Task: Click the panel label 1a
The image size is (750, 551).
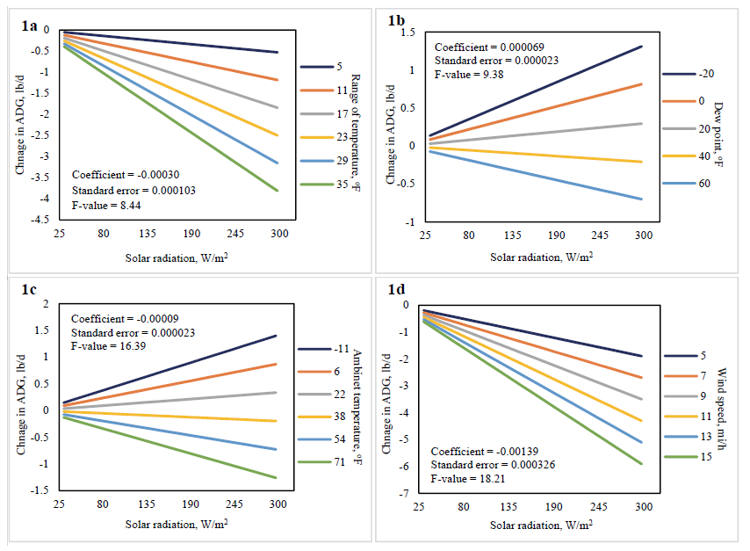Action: [29, 25]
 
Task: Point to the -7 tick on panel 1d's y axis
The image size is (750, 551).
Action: [407, 495]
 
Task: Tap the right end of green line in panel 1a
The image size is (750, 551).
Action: [278, 191]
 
